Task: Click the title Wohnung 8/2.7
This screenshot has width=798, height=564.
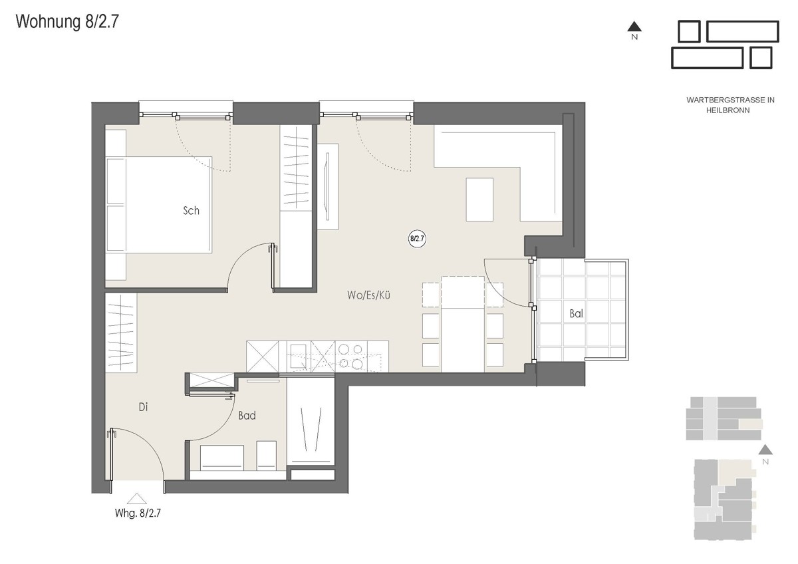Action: click(67, 22)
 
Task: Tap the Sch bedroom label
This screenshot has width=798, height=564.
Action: click(191, 211)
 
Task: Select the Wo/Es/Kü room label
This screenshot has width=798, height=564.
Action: click(368, 295)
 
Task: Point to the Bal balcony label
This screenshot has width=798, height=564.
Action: click(576, 313)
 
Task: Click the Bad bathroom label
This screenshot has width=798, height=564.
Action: click(247, 416)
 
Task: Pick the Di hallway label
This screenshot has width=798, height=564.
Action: click(143, 407)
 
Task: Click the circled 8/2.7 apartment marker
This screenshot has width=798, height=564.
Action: click(417, 238)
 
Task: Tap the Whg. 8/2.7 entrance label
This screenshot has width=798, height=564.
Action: click(138, 513)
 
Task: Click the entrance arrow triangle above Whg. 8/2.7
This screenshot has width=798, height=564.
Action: click(137, 499)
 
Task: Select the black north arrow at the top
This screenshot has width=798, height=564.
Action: click(634, 27)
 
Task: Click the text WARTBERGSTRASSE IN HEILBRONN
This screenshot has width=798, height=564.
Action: click(730, 105)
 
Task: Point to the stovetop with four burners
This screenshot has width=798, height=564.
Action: click(351, 356)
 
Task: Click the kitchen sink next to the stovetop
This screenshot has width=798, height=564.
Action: click(299, 356)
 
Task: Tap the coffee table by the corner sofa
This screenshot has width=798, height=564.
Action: click(479, 200)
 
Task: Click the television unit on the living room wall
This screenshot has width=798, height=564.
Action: click(328, 187)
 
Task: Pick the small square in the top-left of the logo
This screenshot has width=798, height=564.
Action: click(689, 31)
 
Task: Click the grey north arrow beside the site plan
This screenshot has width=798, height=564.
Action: click(765, 450)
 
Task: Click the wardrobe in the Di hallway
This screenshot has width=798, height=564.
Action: click(121, 333)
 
